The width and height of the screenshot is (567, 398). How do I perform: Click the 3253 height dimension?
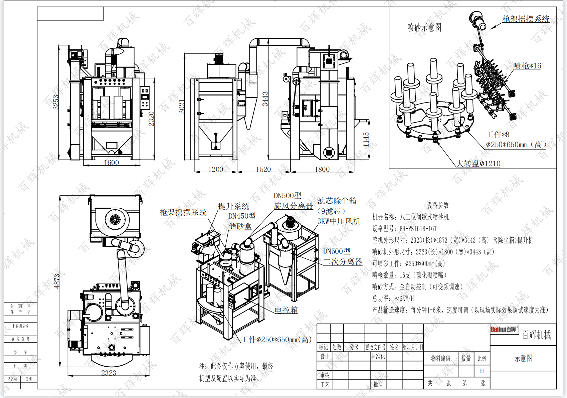click(x=56, y=102)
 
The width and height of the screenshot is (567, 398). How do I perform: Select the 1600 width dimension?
click(x=111, y=163)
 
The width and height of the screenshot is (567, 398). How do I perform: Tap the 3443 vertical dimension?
click(x=265, y=99)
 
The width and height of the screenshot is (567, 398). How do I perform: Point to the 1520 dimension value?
click(x=263, y=169)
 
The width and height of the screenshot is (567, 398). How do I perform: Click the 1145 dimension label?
click(x=366, y=140)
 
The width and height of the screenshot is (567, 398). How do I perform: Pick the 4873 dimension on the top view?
click(x=57, y=281)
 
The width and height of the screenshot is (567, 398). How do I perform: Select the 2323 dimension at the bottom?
click(x=109, y=373)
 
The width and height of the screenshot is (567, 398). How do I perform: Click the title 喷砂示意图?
click(x=424, y=27)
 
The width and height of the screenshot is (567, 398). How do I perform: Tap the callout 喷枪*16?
click(x=527, y=66)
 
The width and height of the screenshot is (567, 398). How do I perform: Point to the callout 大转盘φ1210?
click(x=478, y=163)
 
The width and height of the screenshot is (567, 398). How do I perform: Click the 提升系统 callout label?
click(x=233, y=206)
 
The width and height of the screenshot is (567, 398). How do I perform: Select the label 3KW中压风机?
click(x=339, y=221)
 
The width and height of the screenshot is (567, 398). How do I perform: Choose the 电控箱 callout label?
click(x=286, y=310)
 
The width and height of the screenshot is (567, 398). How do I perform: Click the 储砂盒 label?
click(x=240, y=226)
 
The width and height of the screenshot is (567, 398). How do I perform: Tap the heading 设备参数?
click(x=438, y=205)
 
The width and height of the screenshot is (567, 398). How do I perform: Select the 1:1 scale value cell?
click(x=482, y=371)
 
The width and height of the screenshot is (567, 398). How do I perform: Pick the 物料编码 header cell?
click(x=440, y=359)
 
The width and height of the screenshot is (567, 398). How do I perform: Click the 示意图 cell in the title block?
click(x=523, y=358)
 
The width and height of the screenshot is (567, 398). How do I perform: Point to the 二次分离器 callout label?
click(x=343, y=262)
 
